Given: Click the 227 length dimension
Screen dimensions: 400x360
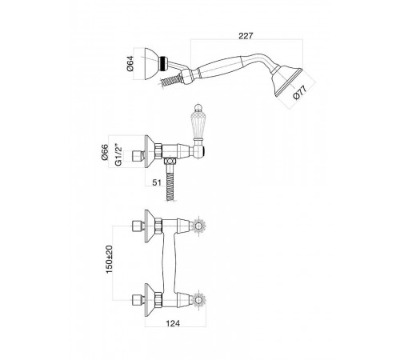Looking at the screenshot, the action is click(x=246, y=36).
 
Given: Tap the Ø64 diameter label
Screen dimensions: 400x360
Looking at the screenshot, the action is click(x=130, y=64).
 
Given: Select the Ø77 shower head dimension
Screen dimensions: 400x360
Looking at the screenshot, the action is click(x=300, y=92).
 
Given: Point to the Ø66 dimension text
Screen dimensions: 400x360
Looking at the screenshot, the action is click(x=105, y=152).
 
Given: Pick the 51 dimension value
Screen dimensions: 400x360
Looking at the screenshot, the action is click(x=157, y=182).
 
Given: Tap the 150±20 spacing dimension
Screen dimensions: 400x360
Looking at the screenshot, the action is click(x=110, y=259).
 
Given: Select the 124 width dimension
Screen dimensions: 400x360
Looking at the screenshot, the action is click(x=173, y=323).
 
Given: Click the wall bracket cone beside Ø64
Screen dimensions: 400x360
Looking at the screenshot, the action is click(x=151, y=64).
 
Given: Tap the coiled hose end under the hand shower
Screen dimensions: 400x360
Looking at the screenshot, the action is click(x=170, y=80).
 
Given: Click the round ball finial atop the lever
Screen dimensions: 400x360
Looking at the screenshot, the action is click(x=197, y=107).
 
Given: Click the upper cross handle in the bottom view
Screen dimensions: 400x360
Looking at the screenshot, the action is click(x=198, y=226).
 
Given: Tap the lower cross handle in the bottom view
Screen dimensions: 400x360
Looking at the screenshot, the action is click(x=198, y=300).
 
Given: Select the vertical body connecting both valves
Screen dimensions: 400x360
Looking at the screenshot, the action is click(x=169, y=262).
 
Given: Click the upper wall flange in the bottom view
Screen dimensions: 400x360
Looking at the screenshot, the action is click(x=150, y=226).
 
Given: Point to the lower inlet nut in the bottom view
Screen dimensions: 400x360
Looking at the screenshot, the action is click(x=138, y=300).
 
